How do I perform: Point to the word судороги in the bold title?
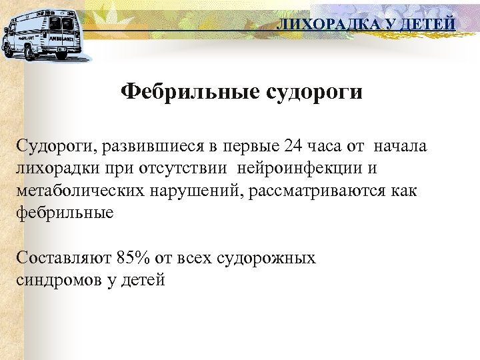click(314, 91)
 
